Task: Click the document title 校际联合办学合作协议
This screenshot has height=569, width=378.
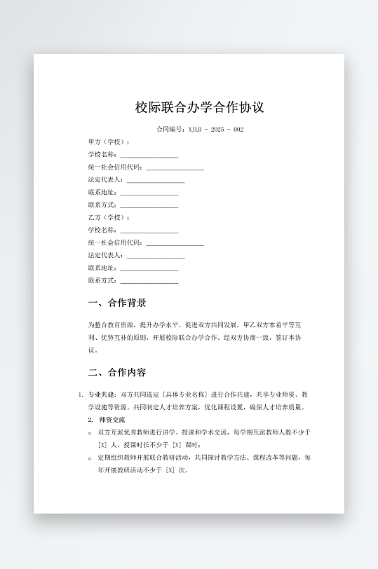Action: (x=200, y=108)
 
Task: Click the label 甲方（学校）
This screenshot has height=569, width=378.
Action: (x=109, y=142)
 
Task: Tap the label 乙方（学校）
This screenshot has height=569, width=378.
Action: (x=109, y=218)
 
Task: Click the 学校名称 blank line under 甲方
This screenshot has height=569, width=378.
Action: (x=149, y=156)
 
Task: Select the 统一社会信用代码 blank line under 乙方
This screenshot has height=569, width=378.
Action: (x=175, y=243)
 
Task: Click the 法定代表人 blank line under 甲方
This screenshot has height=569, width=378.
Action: (x=155, y=181)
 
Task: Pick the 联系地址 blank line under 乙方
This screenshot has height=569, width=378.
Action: (x=149, y=268)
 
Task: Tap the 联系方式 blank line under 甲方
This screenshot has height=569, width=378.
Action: (x=149, y=206)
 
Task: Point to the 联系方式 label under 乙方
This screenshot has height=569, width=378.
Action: (x=103, y=281)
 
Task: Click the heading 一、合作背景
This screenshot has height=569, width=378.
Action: (x=117, y=303)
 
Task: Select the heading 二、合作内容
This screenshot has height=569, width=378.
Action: (x=117, y=372)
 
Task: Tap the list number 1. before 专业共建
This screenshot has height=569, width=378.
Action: (x=81, y=395)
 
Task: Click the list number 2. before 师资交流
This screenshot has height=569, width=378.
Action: (x=90, y=420)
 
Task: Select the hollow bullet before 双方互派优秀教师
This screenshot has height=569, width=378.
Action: (x=90, y=432)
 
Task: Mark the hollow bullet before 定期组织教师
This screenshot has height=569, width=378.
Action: (x=90, y=458)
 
